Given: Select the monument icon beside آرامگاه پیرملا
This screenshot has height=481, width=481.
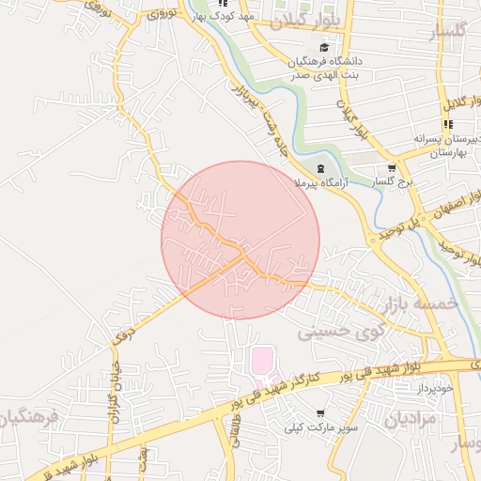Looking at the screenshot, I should pos(321,169).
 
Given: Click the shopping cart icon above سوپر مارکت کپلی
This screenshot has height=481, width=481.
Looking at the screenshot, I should pos(321,413).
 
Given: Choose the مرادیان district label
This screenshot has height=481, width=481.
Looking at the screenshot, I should pos(410,418).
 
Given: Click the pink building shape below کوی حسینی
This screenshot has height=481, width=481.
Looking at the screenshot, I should pos(262,360).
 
